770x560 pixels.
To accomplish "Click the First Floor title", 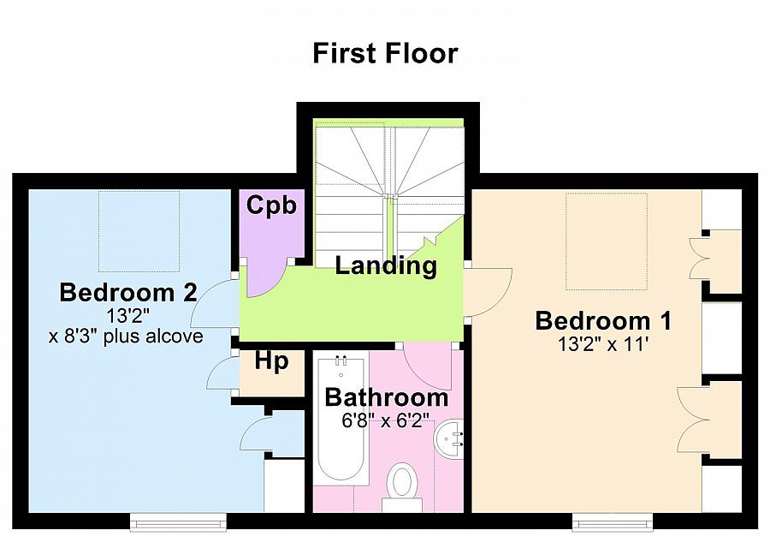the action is click(386, 53).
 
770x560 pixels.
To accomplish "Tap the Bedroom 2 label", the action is click(128, 293).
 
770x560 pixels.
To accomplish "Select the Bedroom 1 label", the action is click(603, 320).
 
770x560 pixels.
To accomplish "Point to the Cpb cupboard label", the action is click(271, 205).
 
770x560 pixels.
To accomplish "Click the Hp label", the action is click(271, 363).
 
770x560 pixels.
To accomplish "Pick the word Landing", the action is click(386, 266).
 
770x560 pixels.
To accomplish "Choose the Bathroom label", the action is click(387, 398).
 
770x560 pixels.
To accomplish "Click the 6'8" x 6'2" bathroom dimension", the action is click(386, 421).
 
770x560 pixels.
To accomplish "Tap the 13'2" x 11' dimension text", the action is click(604, 344).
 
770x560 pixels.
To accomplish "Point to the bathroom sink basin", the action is click(448, 439).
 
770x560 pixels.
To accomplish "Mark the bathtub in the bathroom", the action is click(341, 421).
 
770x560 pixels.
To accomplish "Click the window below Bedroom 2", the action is click(178, 522).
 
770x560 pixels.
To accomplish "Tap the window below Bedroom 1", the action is click(613, 522).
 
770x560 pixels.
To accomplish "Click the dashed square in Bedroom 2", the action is click(139, 231).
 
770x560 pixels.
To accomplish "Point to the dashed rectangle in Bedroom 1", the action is click(607, 241).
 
